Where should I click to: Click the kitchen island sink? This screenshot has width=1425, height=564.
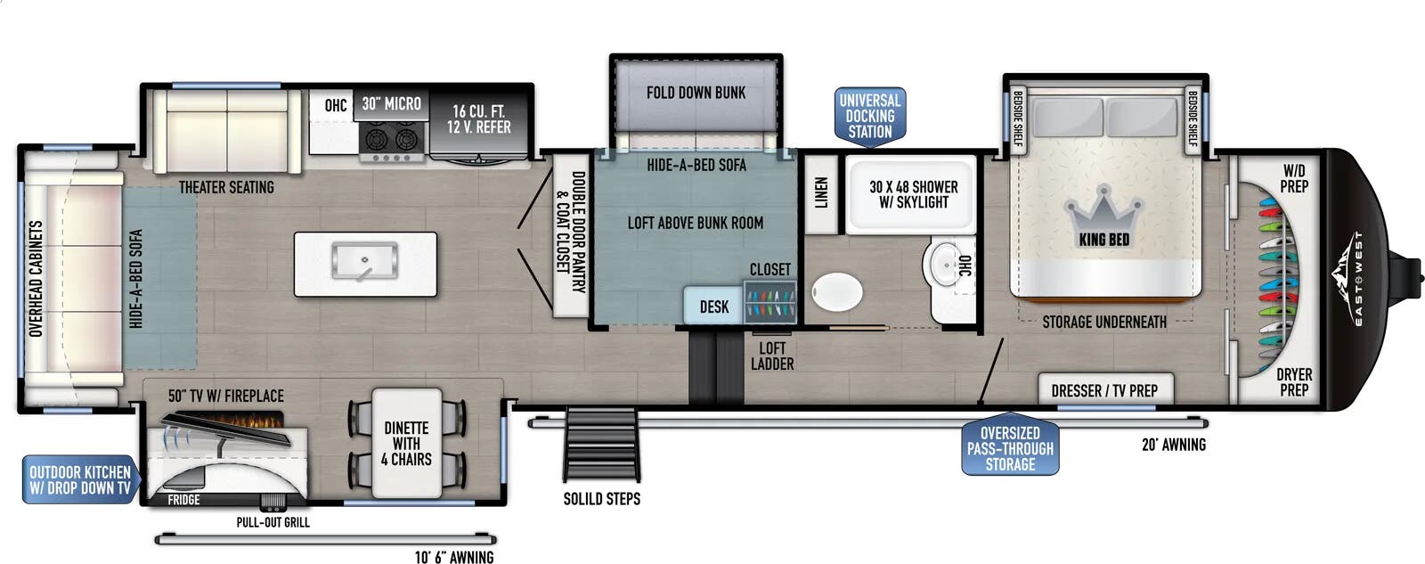[x=364, y=261]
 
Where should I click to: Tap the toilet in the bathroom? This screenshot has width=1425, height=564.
[x=836, y=292]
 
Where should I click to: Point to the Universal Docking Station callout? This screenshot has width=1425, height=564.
[x=869, y=117]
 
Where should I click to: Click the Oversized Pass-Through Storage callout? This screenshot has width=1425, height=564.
[x=1010, y=447]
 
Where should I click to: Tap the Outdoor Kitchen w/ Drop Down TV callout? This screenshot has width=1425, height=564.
[x=81, y=480]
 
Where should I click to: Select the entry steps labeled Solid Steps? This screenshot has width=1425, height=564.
[x=600, y=444]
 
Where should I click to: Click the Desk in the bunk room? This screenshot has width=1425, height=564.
[x=713, y=307]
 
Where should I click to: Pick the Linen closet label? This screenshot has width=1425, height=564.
[x=821, y=192]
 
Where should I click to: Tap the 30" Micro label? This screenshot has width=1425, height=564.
[x=391, y=103]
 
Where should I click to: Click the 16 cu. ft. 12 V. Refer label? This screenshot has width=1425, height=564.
[x=478, y=119]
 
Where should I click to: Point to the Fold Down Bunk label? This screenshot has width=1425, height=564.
[x=696, y=93]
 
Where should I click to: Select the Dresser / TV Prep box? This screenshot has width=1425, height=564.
[x=1105, y=389]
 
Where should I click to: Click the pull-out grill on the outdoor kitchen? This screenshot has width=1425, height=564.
[x=273, y=502]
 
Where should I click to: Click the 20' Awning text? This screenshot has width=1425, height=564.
[x=1174, y=445]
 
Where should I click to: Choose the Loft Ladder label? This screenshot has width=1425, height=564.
[x=772, y=356]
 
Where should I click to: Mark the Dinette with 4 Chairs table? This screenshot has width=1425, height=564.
[x=406, y=443]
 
